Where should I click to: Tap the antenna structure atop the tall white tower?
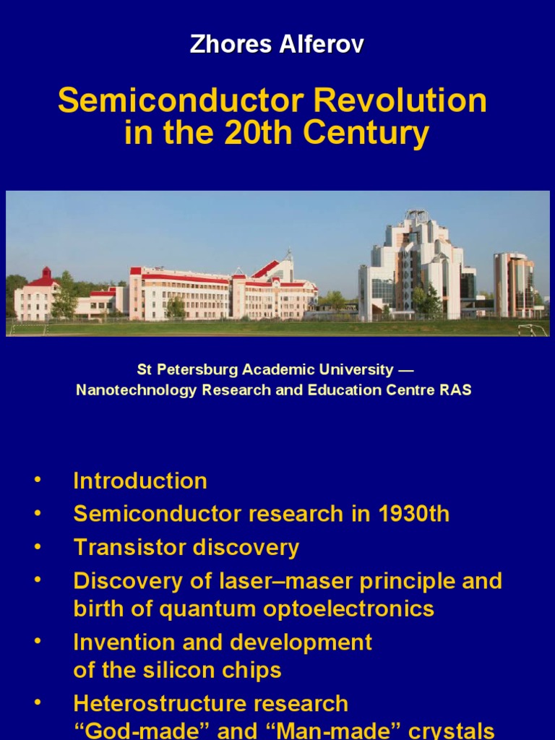click(x=416, y=216)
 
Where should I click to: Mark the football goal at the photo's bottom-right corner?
click(x=533, y=330)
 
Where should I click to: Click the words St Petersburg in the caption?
click(x=187, y=370)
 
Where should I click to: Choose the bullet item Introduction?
click(x=140, y=481)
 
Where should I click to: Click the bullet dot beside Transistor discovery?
click(x=37, y=548)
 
